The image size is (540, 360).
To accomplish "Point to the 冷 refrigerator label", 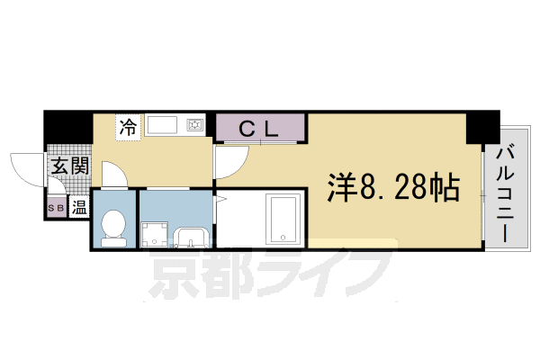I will point(128,127).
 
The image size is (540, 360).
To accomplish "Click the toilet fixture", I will point(113,226).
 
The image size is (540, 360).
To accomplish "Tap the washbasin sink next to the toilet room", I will point(193,237).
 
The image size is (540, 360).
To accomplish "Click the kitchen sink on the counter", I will point(162,125).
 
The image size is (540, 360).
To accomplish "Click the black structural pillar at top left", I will point(65,125).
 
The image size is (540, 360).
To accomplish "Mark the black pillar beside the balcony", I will point(481,126).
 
